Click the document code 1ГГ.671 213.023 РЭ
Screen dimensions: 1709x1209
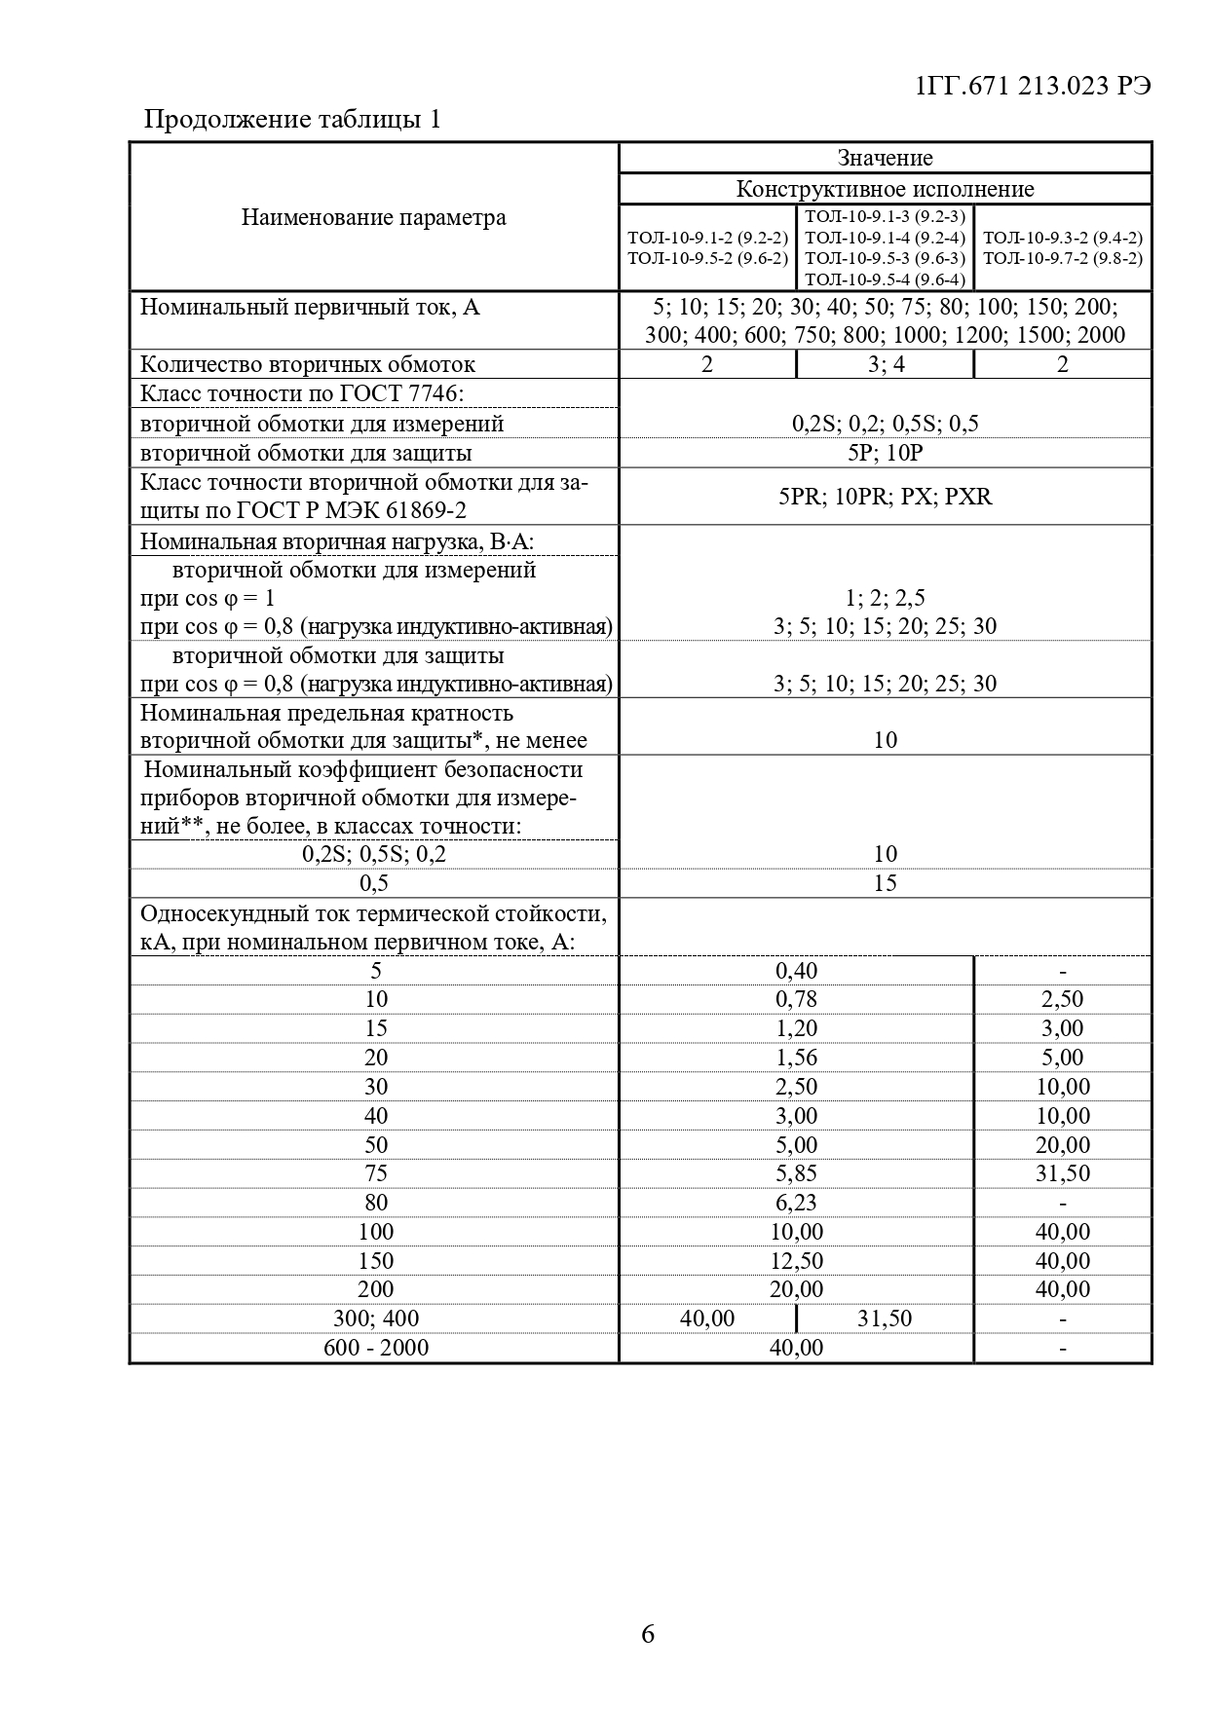pos(1033,86)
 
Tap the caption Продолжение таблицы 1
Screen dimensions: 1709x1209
pos(292,120)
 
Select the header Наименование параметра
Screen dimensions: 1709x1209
pos(374,217)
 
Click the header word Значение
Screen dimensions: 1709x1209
pos(885,158)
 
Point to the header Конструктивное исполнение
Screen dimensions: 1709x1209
pos(885,189)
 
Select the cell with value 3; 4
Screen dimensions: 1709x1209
pos(885,364)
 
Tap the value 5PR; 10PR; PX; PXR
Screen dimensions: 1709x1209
pos(885,497)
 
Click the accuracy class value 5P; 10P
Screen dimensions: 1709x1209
pos(885,453)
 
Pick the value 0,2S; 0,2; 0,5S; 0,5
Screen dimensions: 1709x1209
pos(885,424)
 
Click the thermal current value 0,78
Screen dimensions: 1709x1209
pos(796,999)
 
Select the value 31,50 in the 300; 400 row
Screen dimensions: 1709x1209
pos(885,1319)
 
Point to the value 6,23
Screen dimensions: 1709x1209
pos(796,1203)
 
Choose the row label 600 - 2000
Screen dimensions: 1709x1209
pos(375,1348)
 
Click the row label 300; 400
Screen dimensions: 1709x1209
pos(375,1319)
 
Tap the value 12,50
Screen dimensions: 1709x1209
pos(796,1261)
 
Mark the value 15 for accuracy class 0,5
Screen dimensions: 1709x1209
pos(885,883)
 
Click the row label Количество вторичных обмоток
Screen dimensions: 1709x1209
pos(308,364)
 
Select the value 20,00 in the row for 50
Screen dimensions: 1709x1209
pos(1062,1145)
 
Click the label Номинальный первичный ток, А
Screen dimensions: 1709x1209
pos(310,308)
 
